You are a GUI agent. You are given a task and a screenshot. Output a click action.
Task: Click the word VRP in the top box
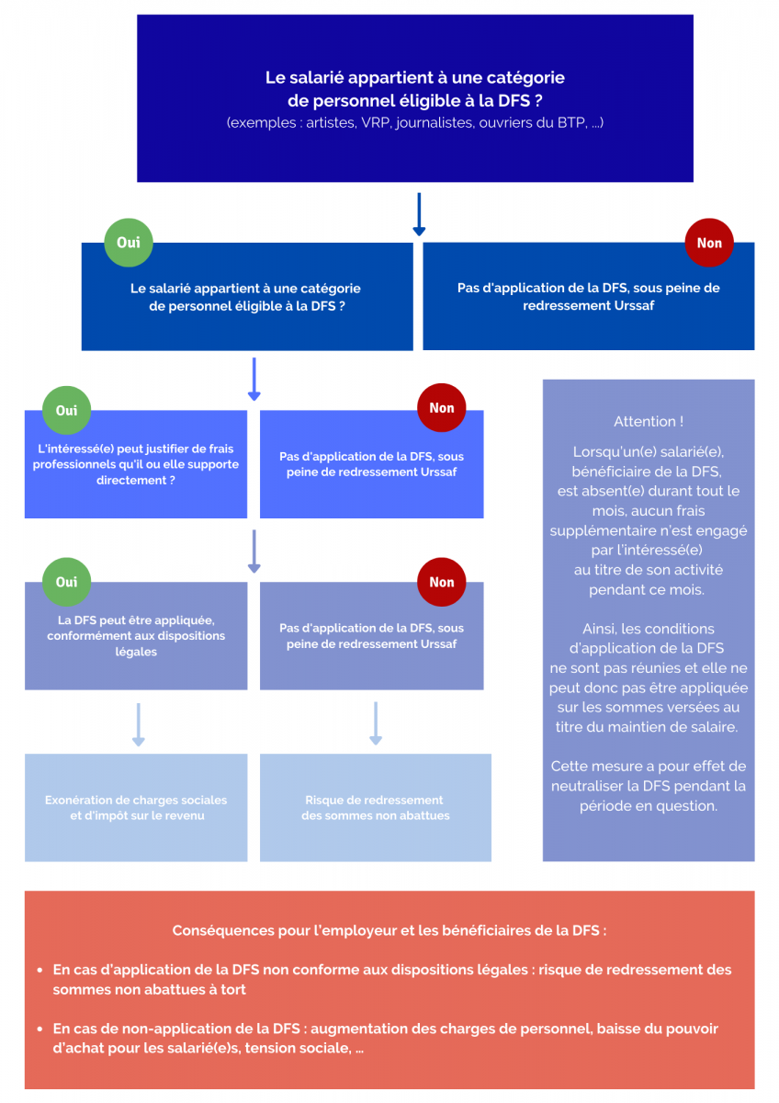click(x=376, y=122)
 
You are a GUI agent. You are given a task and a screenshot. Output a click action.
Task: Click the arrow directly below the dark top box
click(x=419, y=214)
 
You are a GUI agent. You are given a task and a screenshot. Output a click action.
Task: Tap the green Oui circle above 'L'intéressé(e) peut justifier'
click(x=66, y=410)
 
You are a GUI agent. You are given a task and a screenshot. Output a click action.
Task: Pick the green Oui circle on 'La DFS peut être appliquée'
click(x=66, y=582)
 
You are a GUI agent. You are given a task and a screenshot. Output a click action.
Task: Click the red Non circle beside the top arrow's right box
click(x=709, y=243)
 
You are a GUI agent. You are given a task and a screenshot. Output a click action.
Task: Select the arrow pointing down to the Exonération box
click(x=139, y=724)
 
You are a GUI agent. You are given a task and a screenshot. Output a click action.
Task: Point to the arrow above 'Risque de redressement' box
click(x=376, y=723)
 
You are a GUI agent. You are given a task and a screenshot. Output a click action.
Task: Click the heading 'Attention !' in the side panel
click(x=649, y=422)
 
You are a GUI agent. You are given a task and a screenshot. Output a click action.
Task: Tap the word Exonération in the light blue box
click(x=79, y=800)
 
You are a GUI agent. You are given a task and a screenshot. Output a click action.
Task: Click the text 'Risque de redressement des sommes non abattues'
click(x=375, y=808)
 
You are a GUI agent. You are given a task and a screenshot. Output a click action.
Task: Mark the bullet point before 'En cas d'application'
click(x=40, y=971)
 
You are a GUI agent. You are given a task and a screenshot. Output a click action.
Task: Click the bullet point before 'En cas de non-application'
click(x=40, y=1029)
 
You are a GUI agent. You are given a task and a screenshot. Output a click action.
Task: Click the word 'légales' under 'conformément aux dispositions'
click(x=136, y=652)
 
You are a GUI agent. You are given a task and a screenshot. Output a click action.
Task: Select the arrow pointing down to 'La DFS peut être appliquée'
click(x=254, y=551)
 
